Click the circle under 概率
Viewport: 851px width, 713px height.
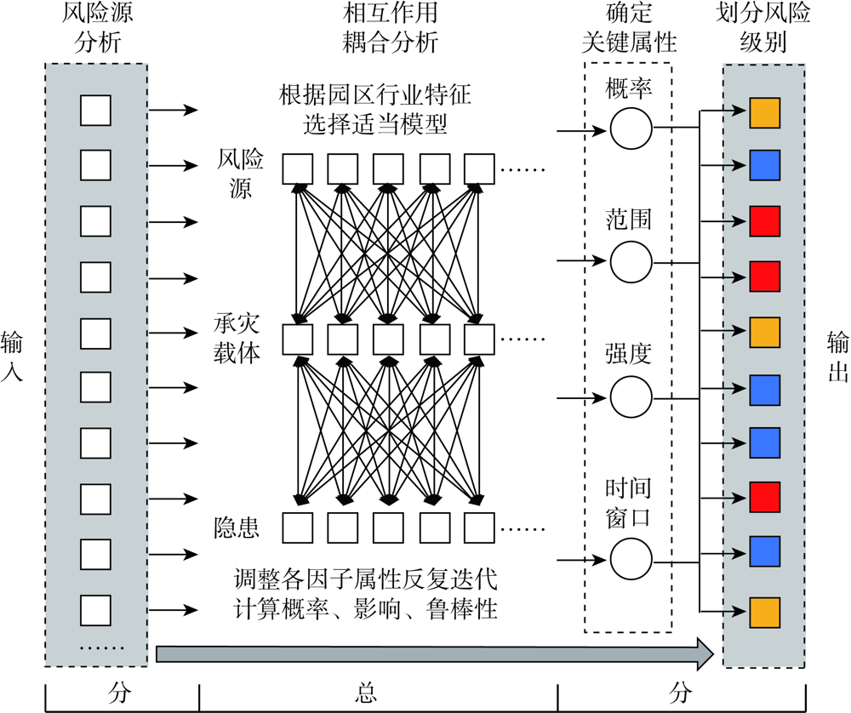631,129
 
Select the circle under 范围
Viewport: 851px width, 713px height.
631,260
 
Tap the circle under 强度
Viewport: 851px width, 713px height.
631,395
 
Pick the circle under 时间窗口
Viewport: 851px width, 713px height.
631,559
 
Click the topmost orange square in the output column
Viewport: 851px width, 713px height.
763,114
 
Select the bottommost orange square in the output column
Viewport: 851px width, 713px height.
763,611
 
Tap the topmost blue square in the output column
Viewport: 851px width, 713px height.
763,164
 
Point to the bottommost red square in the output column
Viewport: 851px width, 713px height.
763,496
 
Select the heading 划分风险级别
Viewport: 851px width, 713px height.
763,28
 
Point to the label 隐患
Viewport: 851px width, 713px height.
237,528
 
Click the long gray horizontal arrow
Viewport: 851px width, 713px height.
434,653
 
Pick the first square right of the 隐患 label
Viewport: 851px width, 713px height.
297,528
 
